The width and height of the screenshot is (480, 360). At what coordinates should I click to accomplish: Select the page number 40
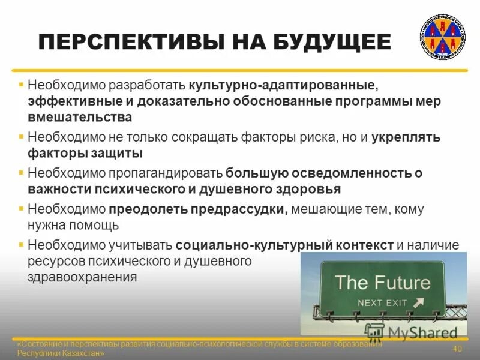457,349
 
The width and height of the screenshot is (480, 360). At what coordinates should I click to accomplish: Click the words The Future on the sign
382,282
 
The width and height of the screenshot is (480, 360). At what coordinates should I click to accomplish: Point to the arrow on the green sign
419,302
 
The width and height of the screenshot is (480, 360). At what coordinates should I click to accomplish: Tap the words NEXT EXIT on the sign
382,302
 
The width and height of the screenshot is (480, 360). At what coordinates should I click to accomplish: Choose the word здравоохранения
82,277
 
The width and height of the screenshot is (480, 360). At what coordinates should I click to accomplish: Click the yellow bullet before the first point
21,85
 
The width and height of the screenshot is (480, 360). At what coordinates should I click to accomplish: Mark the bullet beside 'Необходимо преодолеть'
21,209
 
